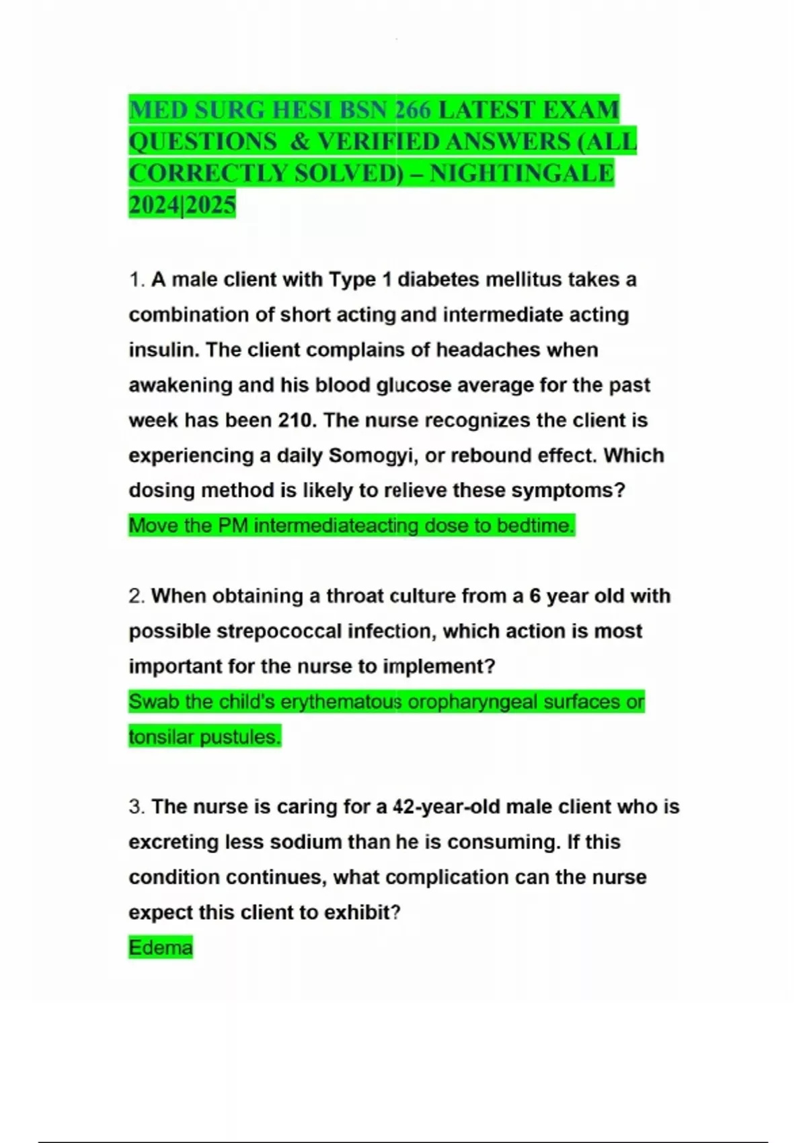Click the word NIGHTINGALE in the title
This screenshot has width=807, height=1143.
tap(521, 173)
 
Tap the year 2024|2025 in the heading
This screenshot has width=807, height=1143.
tap(182, 205)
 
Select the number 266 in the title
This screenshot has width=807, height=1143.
tap(413, 110)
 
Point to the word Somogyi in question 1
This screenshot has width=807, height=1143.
tap(371, 455)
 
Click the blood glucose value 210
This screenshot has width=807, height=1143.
tap(297, 420)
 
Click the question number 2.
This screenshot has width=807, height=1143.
tap(137, 596)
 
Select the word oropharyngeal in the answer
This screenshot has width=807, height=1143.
tap(473, 701)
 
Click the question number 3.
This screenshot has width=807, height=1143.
tap(137, 807)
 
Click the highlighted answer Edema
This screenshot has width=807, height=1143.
tap(161, 947)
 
